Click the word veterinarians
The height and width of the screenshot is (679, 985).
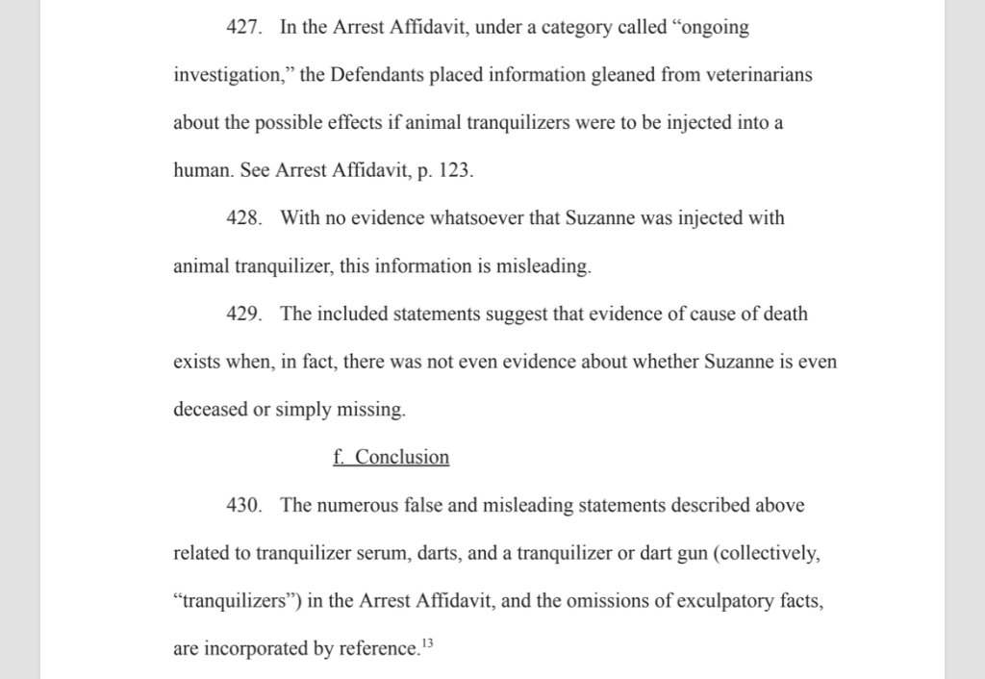754,76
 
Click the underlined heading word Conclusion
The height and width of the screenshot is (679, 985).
402,457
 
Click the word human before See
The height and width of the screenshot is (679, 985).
199,171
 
